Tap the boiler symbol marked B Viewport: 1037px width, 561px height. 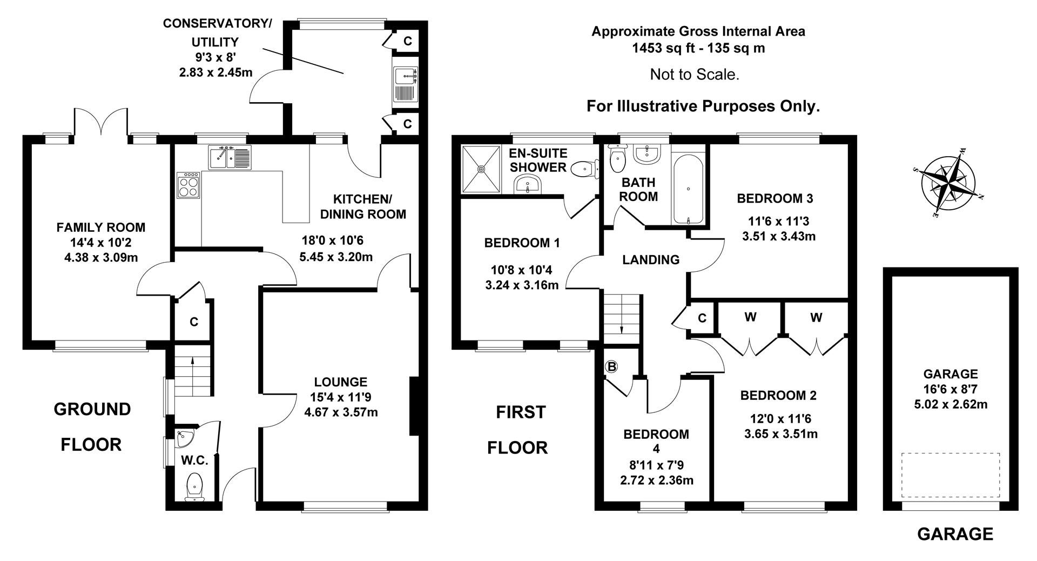611,367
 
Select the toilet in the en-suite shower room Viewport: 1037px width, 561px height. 583,169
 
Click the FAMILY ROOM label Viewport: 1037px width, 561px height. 101,228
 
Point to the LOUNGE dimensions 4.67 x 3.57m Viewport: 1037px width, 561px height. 340,412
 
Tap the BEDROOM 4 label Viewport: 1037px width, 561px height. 656,440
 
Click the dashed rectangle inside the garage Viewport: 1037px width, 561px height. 950,475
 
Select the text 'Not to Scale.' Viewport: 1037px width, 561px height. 694,75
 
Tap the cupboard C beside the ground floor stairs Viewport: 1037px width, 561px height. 193,322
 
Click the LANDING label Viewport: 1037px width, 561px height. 651,260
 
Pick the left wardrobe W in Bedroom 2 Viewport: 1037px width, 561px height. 750,318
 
